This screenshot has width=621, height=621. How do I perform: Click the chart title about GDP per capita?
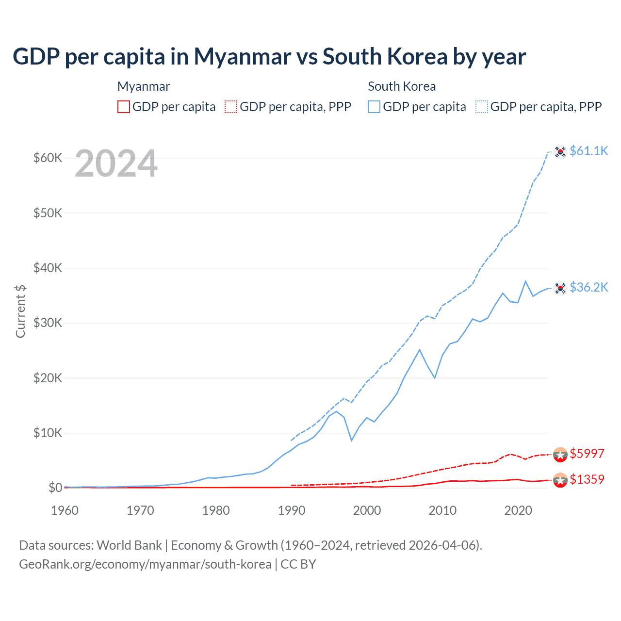point(269,57)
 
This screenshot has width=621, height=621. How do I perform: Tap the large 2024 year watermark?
point(116,164)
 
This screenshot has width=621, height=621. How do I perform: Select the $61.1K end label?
point(588,151)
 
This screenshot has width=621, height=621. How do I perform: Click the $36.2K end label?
point(588,288)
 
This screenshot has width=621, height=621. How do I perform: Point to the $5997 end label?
point(587,454)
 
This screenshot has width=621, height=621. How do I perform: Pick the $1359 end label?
point(587,480)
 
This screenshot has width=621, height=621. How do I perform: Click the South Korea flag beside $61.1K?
point(560,152)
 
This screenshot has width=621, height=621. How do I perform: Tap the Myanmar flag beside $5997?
point(560,455)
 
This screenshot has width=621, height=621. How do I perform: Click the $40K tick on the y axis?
point(48,268)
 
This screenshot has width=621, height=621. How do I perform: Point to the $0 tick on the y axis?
point(55,488)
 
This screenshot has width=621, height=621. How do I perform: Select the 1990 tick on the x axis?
point(292,510)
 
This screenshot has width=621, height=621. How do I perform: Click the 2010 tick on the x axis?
point(442,510)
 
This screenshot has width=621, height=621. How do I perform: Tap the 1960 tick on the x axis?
point(65,510)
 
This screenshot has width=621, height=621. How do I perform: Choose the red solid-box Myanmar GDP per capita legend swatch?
point(124,107)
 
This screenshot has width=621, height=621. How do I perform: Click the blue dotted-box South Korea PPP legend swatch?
point(482,107)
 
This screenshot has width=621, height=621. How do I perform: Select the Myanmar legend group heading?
point(144,87)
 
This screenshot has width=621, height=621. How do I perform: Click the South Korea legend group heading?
point(402,87)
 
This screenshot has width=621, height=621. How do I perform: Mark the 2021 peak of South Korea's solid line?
point(525,281)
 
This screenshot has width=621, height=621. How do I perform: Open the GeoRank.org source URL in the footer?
point(145,564)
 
